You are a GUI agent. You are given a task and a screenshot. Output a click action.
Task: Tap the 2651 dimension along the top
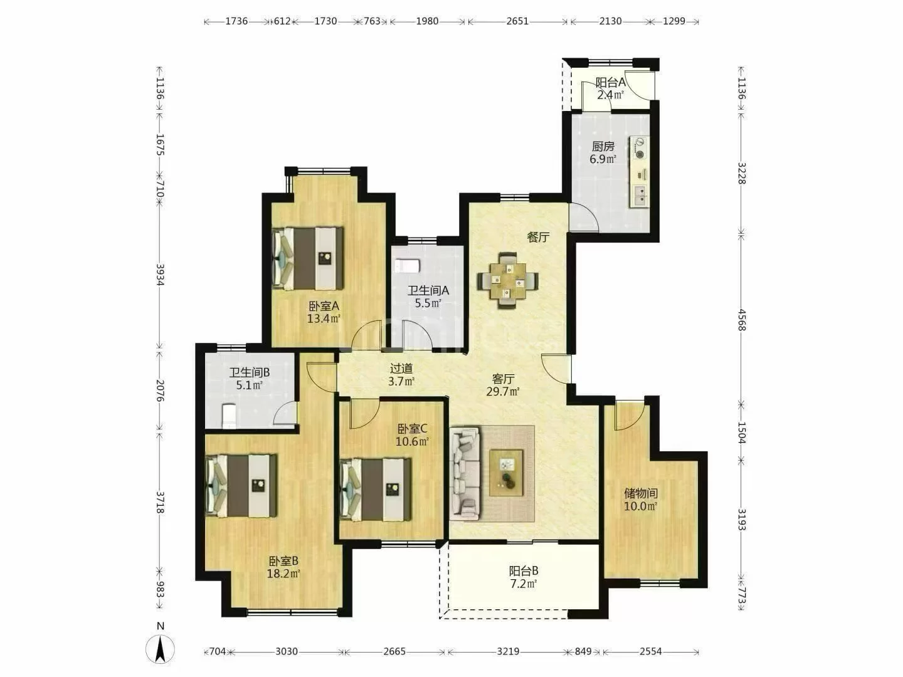point(517,21)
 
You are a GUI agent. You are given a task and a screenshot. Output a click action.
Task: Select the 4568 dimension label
point(741,320)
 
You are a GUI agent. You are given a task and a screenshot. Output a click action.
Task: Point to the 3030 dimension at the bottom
point(287,651)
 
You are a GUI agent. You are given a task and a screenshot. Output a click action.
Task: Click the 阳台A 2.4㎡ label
point(611,88)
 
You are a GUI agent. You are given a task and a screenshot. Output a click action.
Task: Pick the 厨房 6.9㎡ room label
point(603,152)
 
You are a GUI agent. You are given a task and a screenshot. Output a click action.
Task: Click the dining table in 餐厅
point(508,281)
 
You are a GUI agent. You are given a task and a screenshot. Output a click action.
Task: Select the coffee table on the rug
point(506,473)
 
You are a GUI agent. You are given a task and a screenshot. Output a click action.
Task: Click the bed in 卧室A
point(308,258)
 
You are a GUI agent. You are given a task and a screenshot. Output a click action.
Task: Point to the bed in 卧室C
point(376,490)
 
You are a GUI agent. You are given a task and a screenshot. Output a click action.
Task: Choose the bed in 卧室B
point(241,486)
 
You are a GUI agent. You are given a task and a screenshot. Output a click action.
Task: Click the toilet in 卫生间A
point(407,265)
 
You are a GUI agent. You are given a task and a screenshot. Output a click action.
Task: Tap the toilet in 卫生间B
point(229,416)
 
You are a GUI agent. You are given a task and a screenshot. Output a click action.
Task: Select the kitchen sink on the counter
point(640,196)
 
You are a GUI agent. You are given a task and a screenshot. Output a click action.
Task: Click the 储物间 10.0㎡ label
point(640,500)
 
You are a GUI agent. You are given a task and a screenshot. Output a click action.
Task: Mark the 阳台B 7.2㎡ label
point(523,577)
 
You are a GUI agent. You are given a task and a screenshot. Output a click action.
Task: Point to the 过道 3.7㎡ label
point(401,375)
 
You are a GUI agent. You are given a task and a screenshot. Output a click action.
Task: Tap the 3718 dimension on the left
point(160,502)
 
